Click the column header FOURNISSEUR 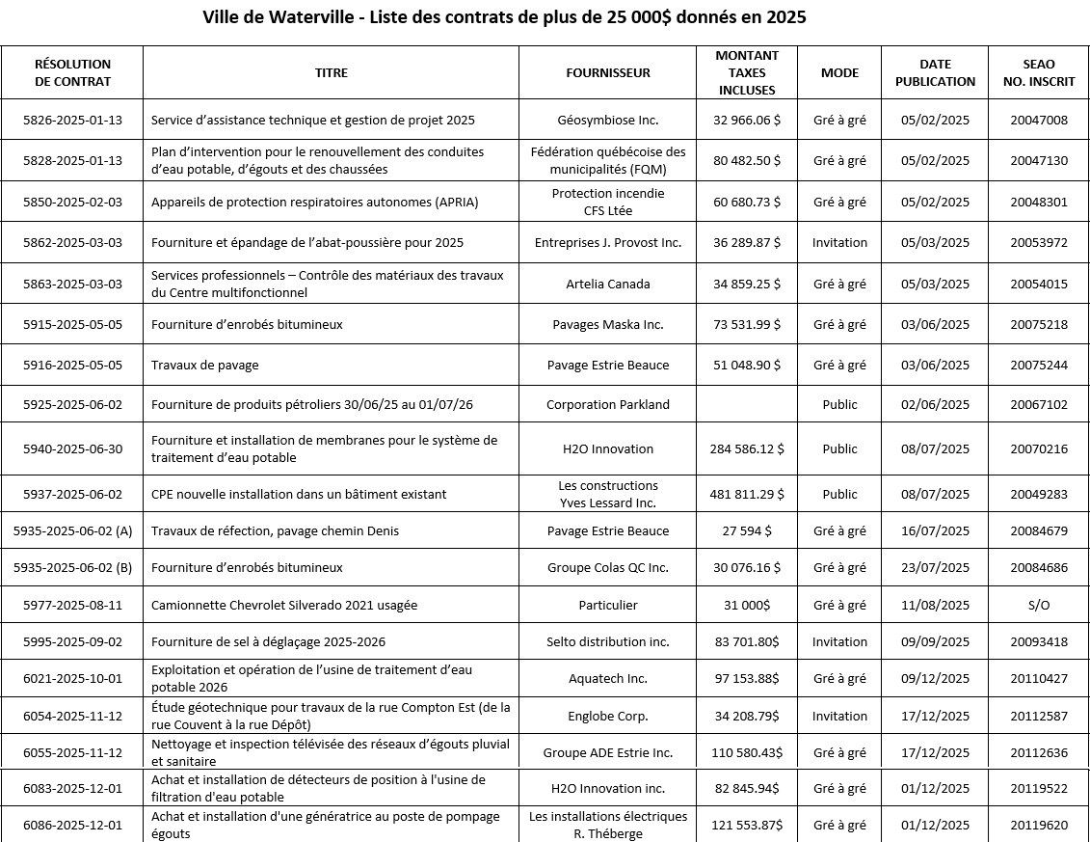click(607, 72)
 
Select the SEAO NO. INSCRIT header click(1038, 72)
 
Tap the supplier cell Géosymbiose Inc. click(607, 121)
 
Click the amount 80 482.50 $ click(747, 161)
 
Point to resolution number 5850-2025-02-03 click(72, 202)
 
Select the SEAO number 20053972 click(1038, 242)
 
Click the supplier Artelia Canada click(607, 284)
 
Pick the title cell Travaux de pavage click(205, 365)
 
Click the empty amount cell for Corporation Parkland click(747, 404)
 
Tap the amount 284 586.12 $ click(747, 448)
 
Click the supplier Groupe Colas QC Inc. click(607, 567)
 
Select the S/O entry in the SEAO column click(1038, 605)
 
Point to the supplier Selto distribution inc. click(607, 641)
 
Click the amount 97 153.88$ click(747, 679)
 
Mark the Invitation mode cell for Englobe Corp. click(839, 716)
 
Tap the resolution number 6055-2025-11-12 click(72, 752)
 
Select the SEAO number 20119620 click(1038, 826)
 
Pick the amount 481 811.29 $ click(747, 494)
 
